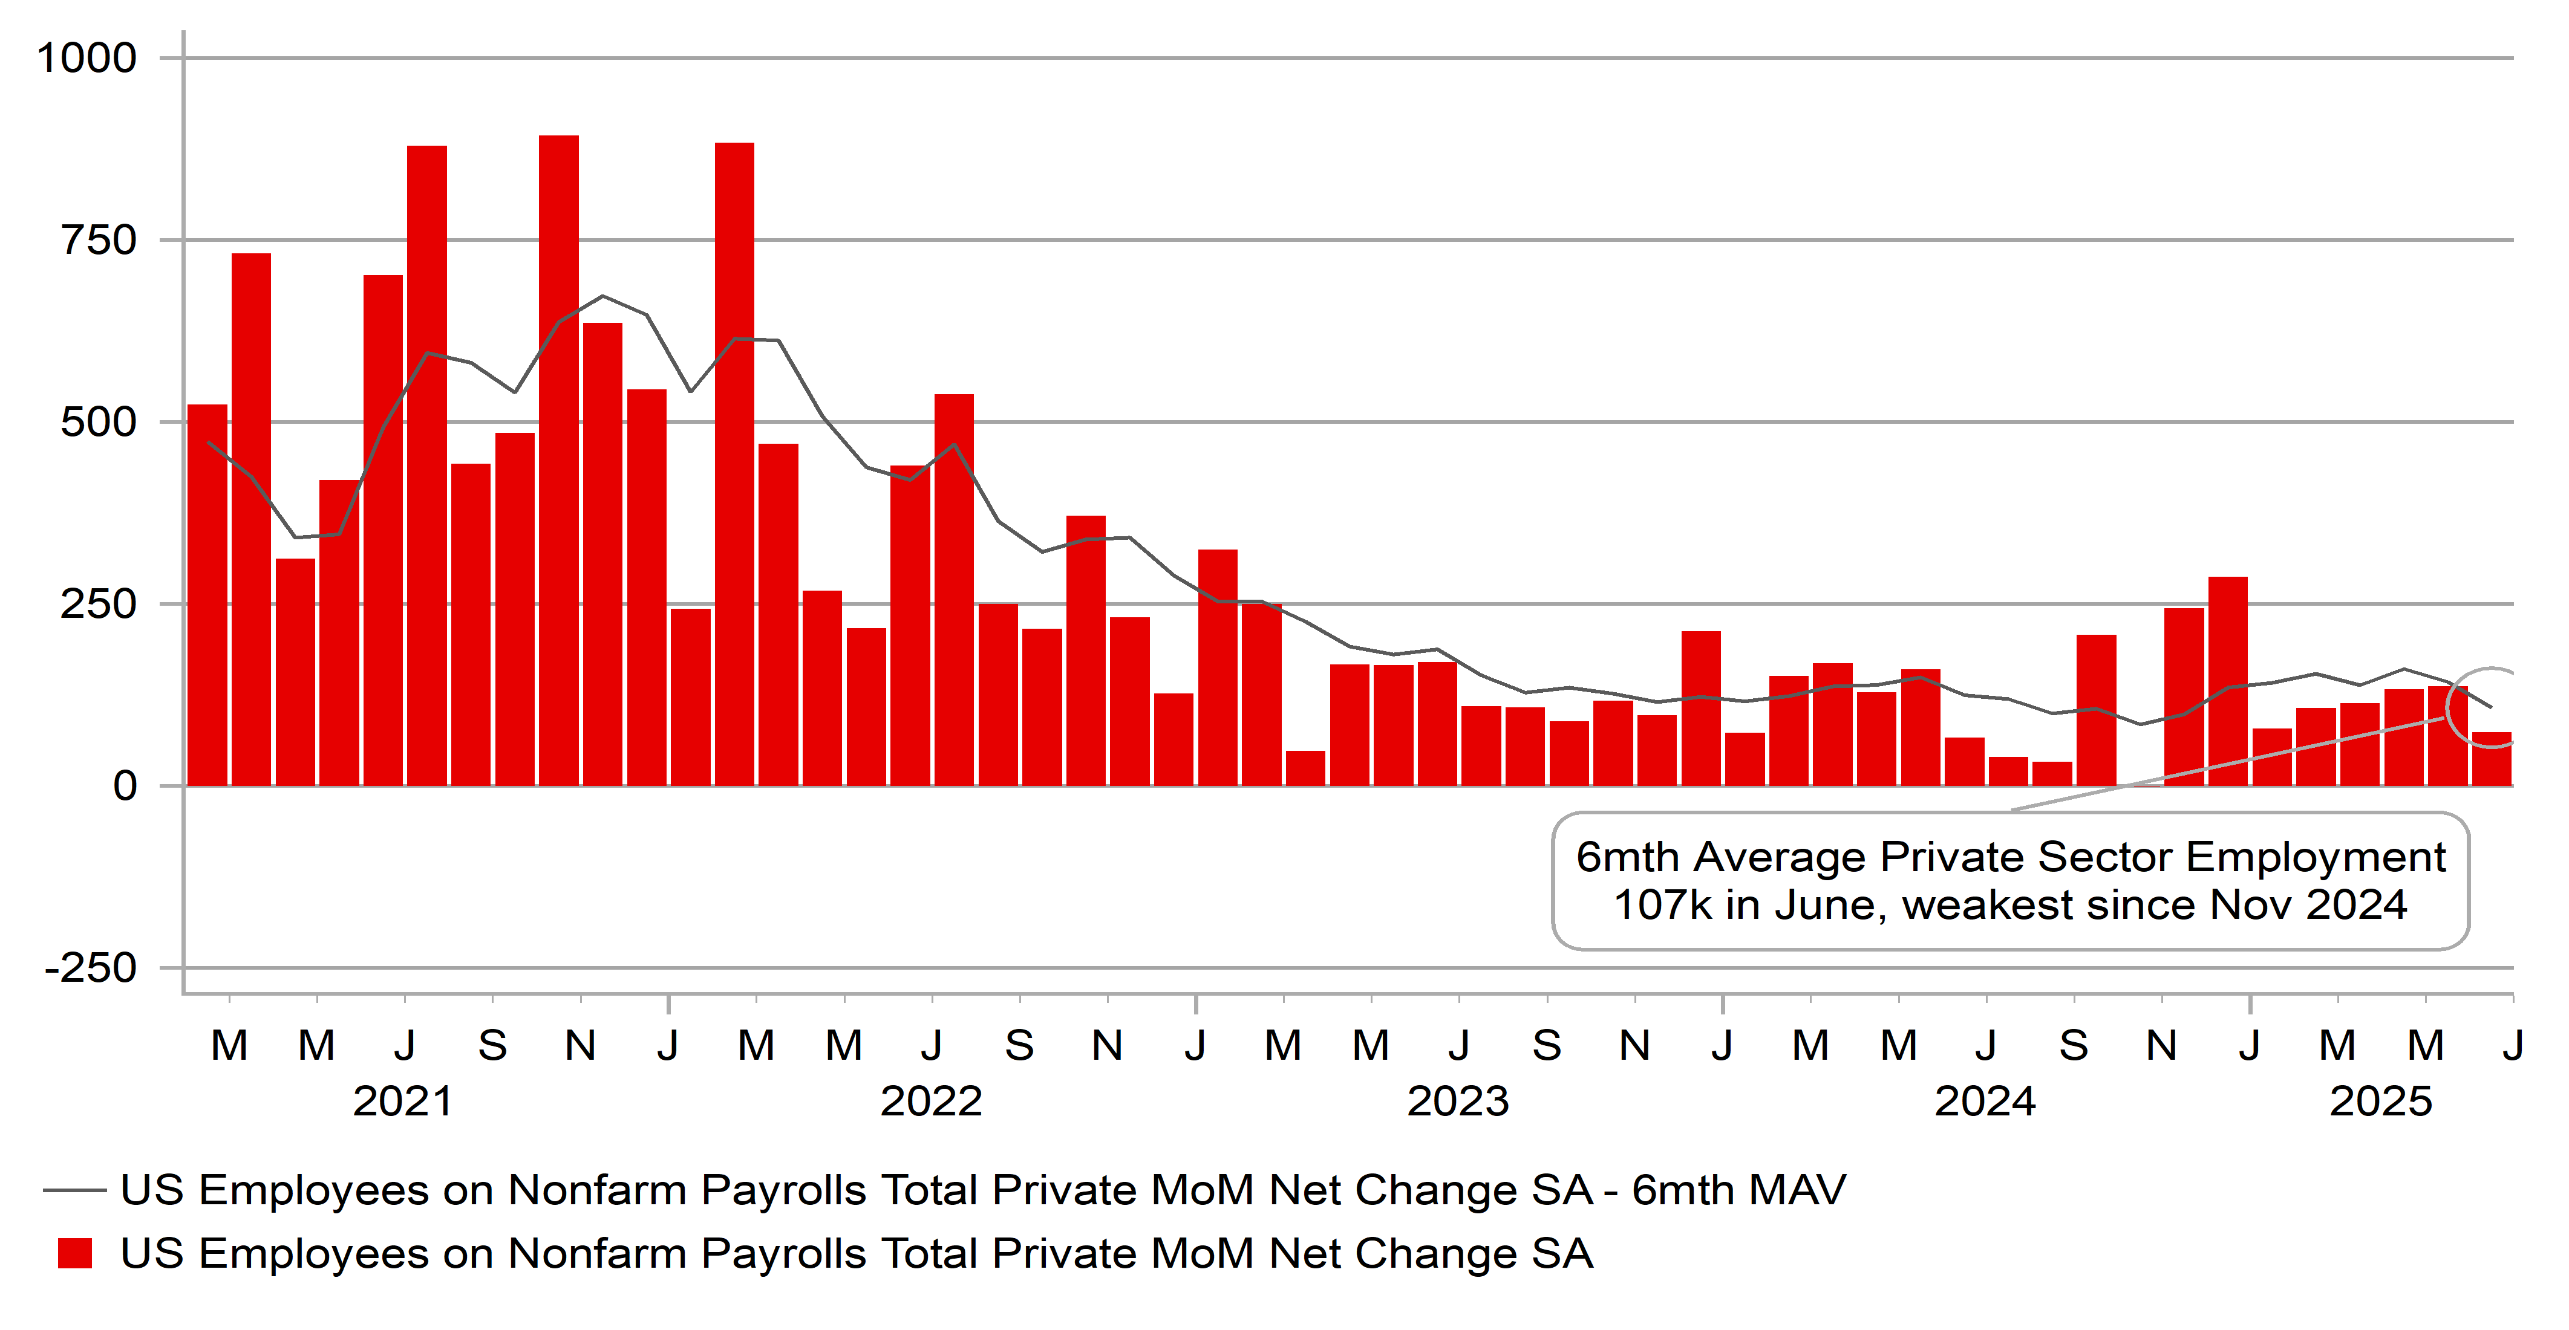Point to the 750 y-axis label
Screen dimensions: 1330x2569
point(99,240)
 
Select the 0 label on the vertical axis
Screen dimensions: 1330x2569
point(125,786)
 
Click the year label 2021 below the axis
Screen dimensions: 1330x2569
point(403,1101)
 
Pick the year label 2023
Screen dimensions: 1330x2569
point(1458,1101)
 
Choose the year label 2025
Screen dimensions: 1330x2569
point(2380,1101)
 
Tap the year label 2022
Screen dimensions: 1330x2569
point(930,1101)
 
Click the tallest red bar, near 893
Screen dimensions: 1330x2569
point(558,459)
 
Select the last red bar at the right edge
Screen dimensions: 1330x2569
point(2491,760)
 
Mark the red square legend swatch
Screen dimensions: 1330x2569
point(75,1253)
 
